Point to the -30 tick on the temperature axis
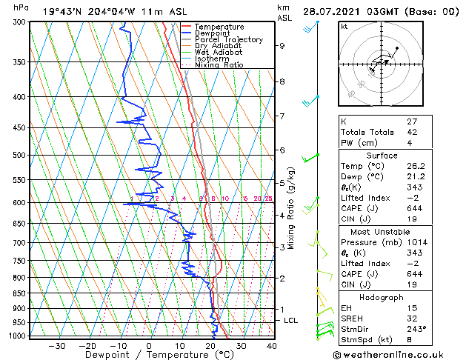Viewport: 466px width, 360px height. (x=56, y=345)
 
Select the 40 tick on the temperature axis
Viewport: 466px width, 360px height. (x=271, y=345)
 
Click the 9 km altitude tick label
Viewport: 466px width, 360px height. (x=282, y=46)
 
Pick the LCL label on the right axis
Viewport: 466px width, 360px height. (x=291, y=320)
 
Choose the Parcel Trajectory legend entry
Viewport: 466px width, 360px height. (x=228, y=40)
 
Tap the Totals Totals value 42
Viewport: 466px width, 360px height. (x=412, y=132)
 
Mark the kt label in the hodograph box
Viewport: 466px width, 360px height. (x=344, y=27)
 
